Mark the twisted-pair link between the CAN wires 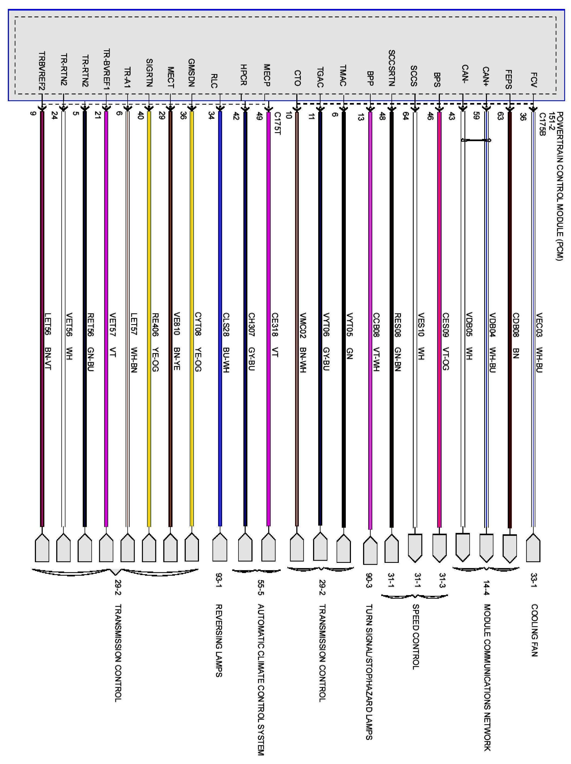(x=476, y=140)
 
